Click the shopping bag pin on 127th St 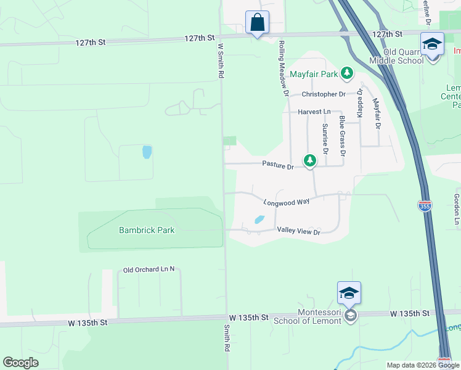coord(257,23)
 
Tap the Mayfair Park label coord(314,75)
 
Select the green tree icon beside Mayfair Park coord(347,74)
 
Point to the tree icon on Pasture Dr coord(310,162)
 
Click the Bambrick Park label coord(147,231)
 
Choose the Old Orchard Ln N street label coord(149,269)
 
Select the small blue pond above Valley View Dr coord(259,220)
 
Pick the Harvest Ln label coord(310,112)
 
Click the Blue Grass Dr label coord(342,136)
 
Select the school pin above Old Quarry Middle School coord(432,45)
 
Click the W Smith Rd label coord(219,59)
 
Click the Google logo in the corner coord(21,363)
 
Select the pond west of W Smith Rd coord(146,152)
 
